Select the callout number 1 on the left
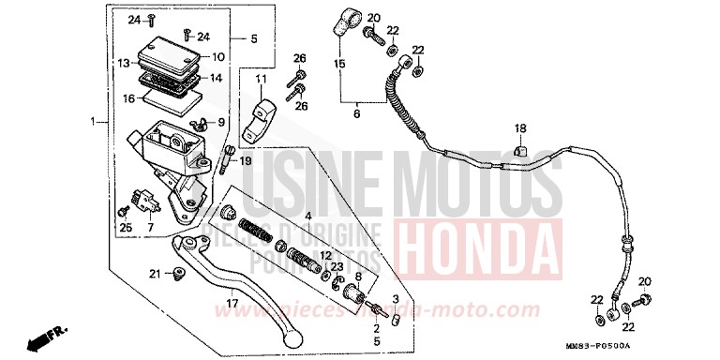click(93, 122)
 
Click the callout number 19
click(246, 161)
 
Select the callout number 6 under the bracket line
click(356, 113)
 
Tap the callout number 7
click(149, 227)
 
